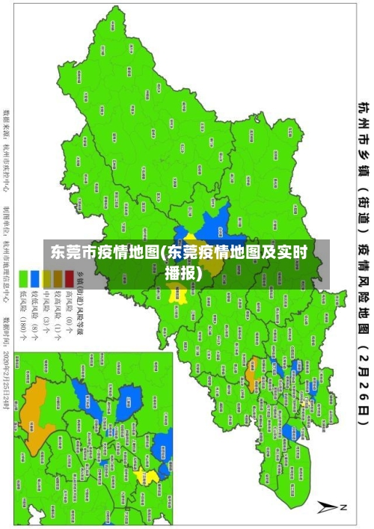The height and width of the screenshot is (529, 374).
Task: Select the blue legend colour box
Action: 35,279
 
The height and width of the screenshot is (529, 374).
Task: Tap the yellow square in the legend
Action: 46,279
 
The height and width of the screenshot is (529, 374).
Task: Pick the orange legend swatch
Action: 58,279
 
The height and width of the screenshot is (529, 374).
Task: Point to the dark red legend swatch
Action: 69,279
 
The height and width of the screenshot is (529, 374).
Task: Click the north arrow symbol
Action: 329,507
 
